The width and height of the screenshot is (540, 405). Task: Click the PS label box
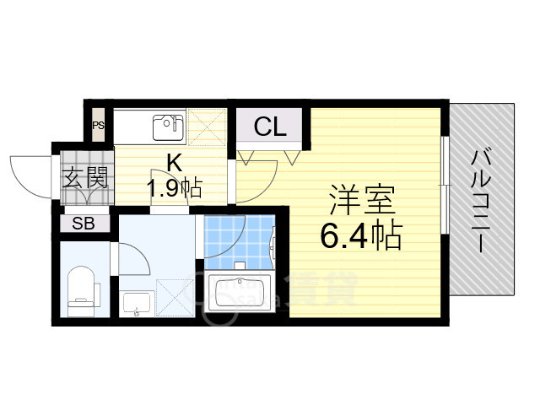click(x=99, y=127)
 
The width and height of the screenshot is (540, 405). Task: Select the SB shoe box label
click(x=83, y=224)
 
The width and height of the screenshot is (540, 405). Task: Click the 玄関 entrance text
click(x=85, y=178)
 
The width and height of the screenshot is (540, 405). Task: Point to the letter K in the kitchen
click(x=173, y=162)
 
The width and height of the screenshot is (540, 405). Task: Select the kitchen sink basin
click(x=168, y=128)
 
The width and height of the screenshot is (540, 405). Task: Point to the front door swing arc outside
click(x=30, y=173)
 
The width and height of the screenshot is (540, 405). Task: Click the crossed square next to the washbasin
click(x=174, y=300)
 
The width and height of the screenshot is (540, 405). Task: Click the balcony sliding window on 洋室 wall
click(x=445, y=181)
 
